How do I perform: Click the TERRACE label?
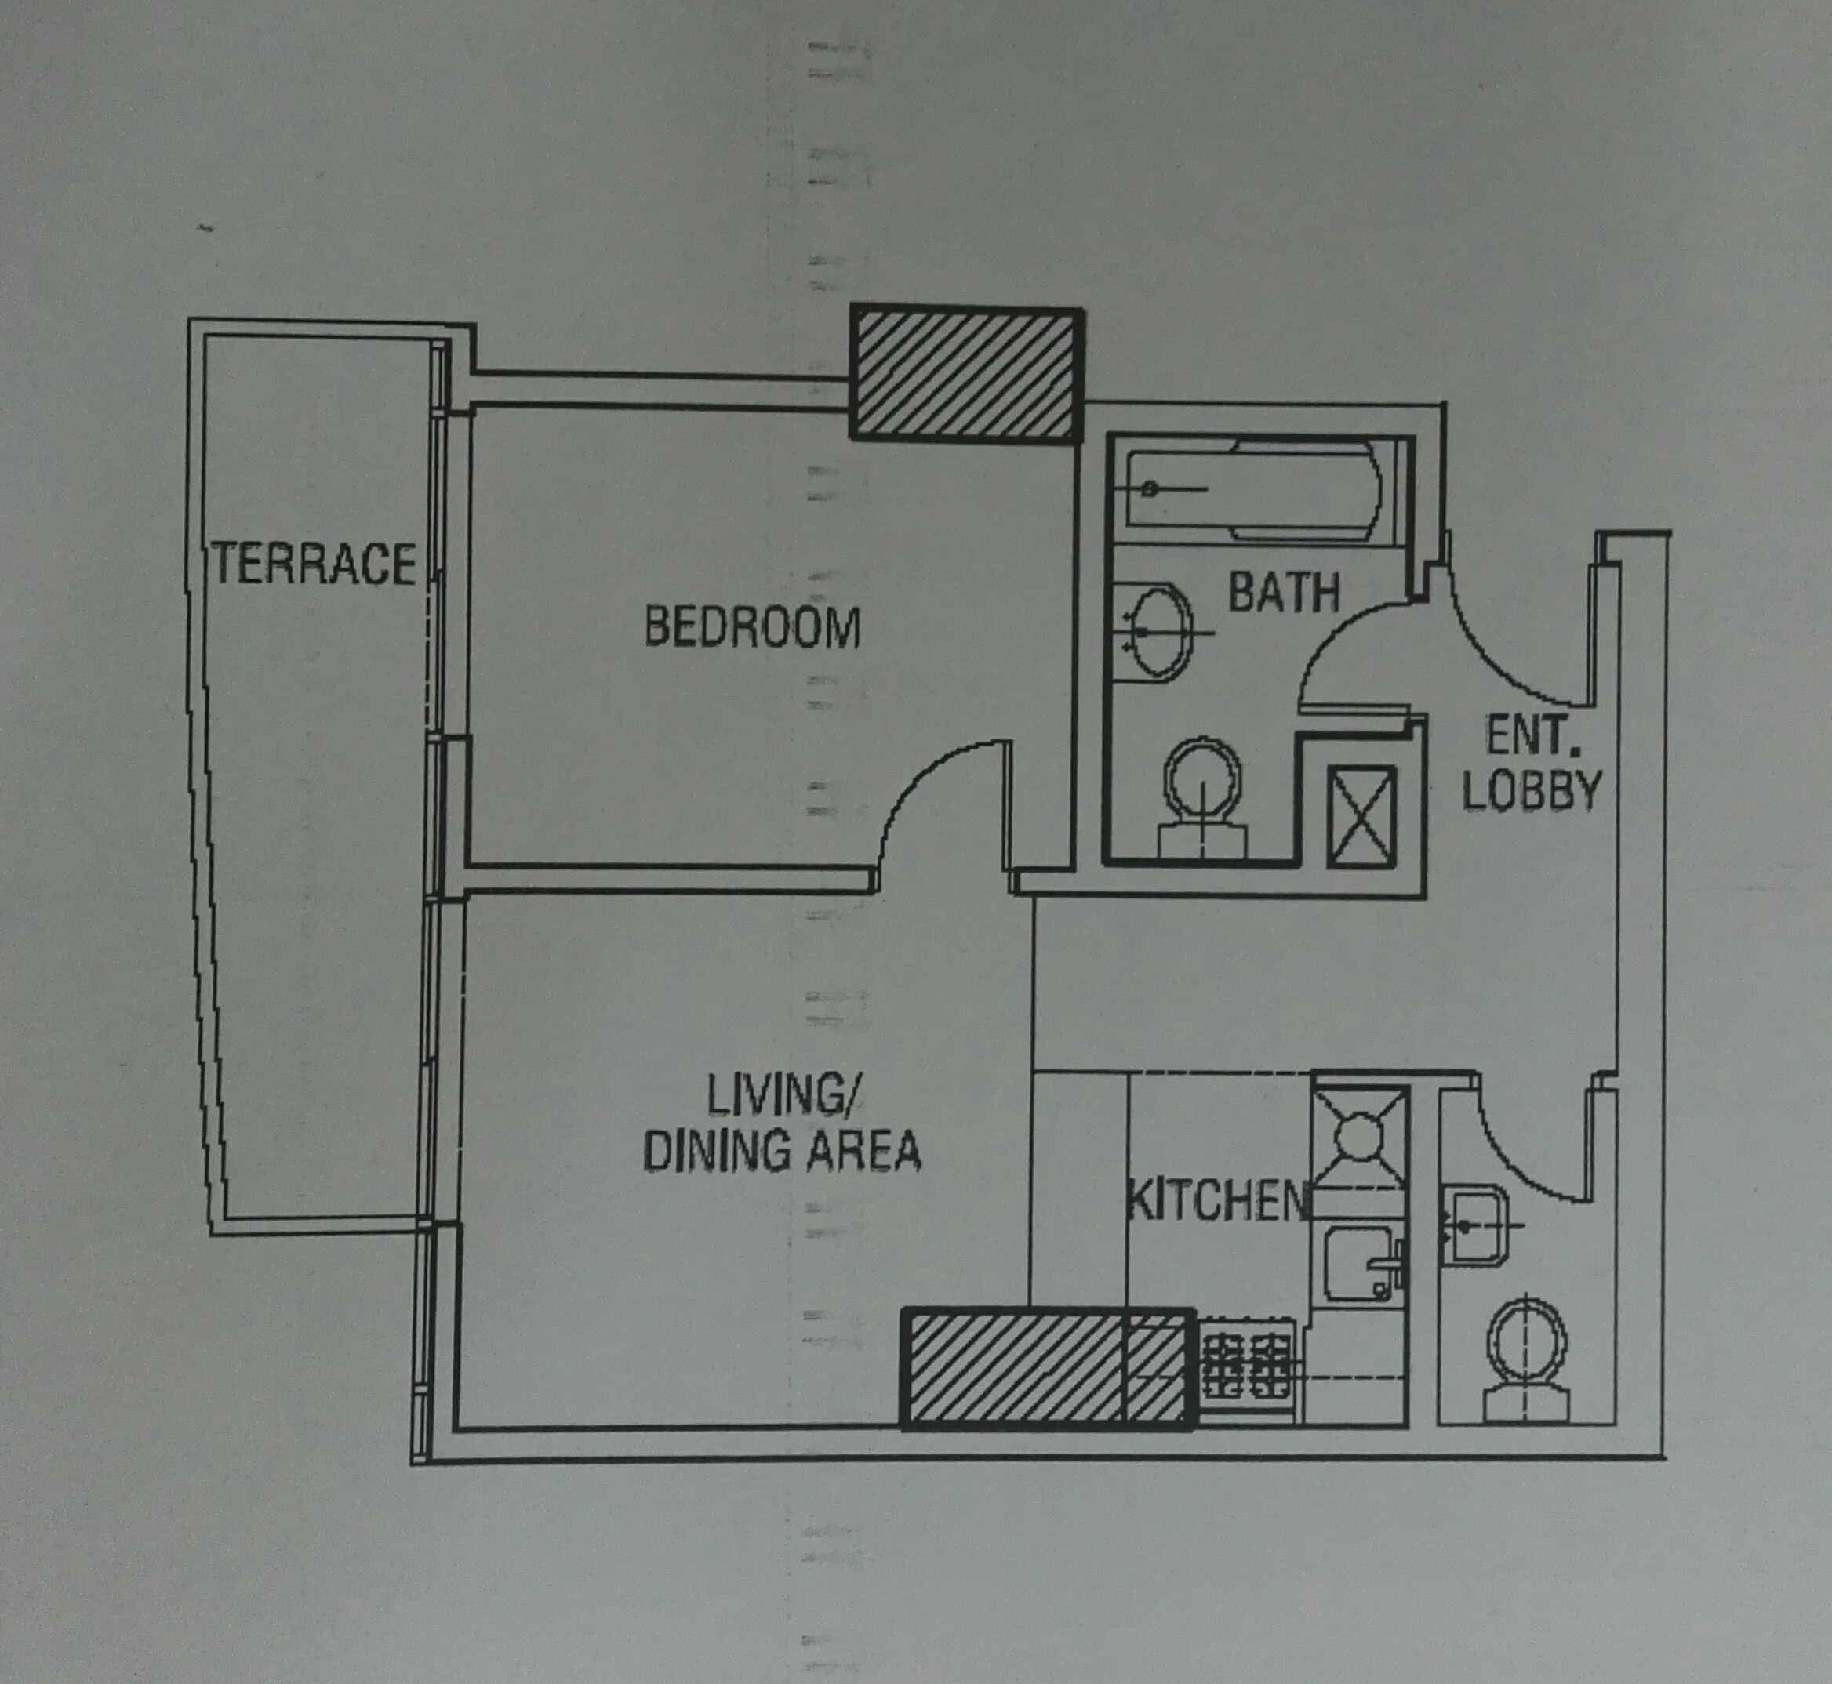tap(314, 563)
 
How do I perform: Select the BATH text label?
tap(1285, 593)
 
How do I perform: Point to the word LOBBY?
tap(1531, 791)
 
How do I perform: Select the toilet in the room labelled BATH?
tap(1203, 799)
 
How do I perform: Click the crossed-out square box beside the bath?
tap(1361, 816)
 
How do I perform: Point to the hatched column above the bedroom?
tap(967, 375)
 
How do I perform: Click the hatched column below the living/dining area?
tap(1046, 1369)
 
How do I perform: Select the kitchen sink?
tap(1358, 1264)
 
